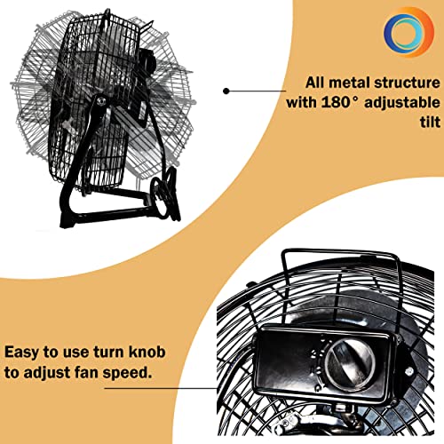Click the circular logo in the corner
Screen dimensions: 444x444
point(408,32)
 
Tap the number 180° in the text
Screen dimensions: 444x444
point(340,102)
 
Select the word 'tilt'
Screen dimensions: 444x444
point(430,122)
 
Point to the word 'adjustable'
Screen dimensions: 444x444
point(402,103)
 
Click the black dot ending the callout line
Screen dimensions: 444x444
point(226,91)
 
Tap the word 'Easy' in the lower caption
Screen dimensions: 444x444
point(21,353)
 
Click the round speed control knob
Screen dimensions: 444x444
point(350,365)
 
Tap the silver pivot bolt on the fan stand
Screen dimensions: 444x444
point(101,101)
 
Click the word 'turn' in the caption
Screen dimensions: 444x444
point(108,353)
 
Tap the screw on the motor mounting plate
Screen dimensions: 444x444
point(409,370)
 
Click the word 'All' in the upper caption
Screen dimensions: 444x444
point(315,83)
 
